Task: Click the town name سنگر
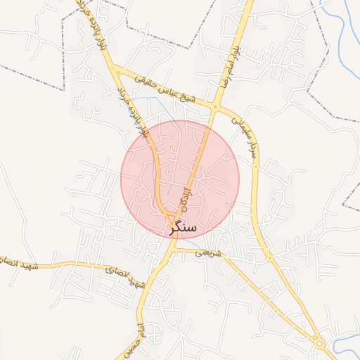[x=183, y=228]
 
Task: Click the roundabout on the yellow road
[x=320, y=344]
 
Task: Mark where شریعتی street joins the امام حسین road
[x=173, y=249]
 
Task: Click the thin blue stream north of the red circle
[x=163, y=105]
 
